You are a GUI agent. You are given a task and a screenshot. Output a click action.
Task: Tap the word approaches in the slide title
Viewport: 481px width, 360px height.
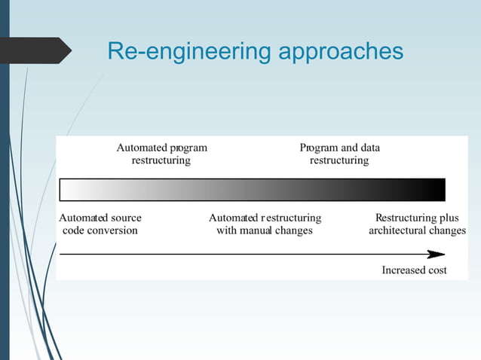point(342,53)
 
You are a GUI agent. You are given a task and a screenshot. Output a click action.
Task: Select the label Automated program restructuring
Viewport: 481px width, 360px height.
point(161,154)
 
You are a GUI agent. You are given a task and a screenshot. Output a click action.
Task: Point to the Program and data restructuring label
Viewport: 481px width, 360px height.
point(339,154)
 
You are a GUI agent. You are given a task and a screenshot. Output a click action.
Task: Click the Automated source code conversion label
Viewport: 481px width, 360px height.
point(100,224)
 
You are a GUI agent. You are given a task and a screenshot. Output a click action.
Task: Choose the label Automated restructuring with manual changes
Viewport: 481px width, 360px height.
point(265,224)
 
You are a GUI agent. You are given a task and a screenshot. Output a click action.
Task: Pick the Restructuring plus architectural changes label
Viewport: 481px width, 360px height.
point(417,224)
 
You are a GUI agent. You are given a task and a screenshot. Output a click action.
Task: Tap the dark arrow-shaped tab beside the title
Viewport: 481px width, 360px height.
point(38,50)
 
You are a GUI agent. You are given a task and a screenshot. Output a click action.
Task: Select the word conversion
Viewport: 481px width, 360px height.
point(113,230)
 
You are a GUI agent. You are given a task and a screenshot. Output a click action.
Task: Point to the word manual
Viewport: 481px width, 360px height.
point(256,230)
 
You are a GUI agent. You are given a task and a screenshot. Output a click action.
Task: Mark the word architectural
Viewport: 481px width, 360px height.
point(397,230)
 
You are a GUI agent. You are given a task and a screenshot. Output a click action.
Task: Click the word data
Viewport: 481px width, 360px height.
point(370,148)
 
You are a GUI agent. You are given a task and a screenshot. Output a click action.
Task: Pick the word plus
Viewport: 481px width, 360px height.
point(448,218)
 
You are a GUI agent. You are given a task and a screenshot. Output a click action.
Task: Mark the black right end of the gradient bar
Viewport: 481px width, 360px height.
point(438,189)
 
